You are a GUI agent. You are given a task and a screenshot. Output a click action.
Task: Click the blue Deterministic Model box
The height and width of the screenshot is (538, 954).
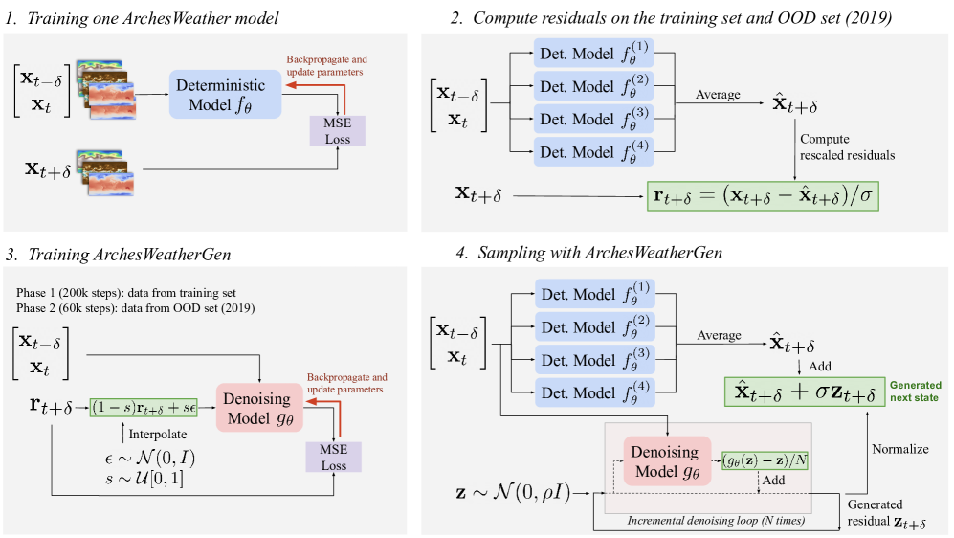click(226, 95)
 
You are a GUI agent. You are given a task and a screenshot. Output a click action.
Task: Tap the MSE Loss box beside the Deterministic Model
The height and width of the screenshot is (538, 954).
click(338, 130)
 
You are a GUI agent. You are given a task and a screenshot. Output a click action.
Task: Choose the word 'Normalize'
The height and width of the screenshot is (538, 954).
click(899, 447)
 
